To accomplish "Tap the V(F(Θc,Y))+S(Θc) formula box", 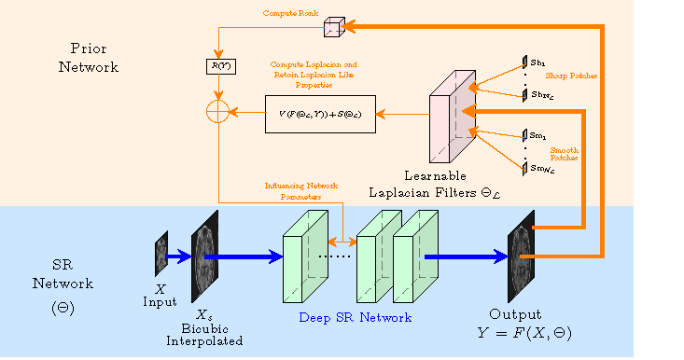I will [320, 114].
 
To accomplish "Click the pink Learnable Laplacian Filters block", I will [452, 117].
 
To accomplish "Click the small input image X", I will [161, 254].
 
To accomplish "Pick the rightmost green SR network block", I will [414, 256].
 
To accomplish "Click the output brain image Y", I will [520, 256].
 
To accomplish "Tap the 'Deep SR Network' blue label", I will [355, 318].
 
